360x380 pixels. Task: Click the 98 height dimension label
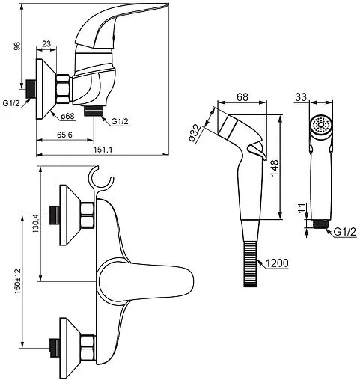click(17, 46)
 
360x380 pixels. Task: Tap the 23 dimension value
click(46, 44)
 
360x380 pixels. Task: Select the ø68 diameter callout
click(67, 116)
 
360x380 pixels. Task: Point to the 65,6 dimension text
click(64, 135)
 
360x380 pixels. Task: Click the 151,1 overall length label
click(103, 150)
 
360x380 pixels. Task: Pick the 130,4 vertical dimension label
click(36, 224)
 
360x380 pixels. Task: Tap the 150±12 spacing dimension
click(18, 281)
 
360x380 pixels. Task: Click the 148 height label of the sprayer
click(275, 168)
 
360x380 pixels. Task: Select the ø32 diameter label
click(195, 133)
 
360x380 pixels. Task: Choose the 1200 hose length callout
click(277, 263)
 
